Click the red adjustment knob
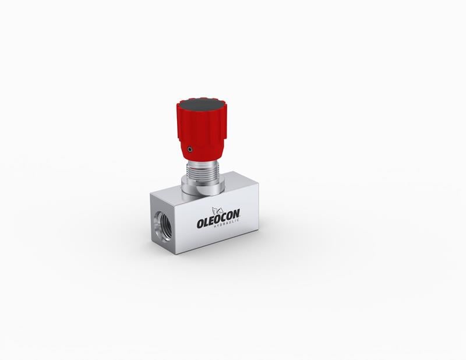click(202, 127)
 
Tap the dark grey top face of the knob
click(202, 105)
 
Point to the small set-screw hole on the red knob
click(189, 149)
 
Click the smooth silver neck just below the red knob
click(202, 163)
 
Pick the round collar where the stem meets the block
click(202, 188)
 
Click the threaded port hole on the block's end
click(164, 227)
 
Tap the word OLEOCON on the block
click(218, 219)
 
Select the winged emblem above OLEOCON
click(217, 210)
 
